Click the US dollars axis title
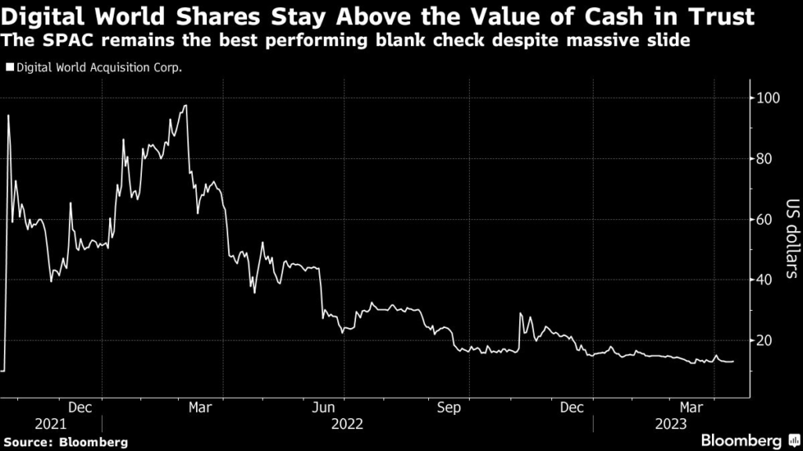point(790,240)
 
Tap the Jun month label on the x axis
point(323,406)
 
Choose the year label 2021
point(51,424)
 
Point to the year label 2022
point(347,424)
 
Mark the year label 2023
point(671,424)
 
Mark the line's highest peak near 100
point(185,106)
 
